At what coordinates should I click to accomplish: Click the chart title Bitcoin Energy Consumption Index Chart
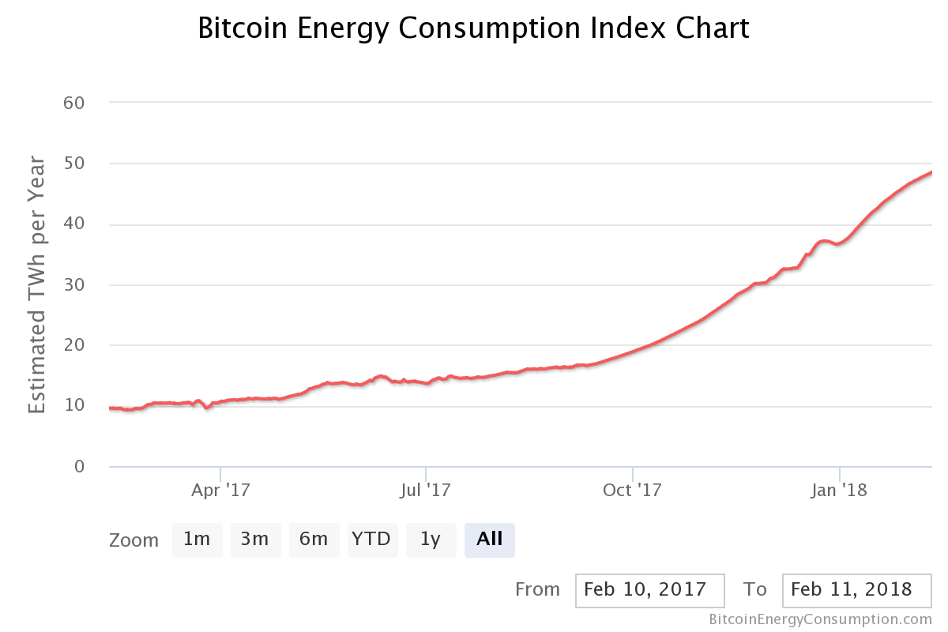(473, 29)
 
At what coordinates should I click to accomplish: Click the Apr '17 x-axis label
(220, 491)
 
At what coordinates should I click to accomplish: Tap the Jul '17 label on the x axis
(425, 491)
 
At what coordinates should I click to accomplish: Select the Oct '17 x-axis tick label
(632, 491)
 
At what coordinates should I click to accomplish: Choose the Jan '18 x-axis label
(839, 491)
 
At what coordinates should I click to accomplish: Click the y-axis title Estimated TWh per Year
(37, 284)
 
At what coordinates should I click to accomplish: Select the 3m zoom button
(255, 540)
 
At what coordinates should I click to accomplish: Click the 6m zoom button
(314, 540)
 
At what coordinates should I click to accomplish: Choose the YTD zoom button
(371, 540)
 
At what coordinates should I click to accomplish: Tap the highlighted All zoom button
(489, 540)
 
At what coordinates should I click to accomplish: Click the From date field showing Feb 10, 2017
(650, 590)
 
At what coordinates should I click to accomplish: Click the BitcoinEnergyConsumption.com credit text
(820, 619)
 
